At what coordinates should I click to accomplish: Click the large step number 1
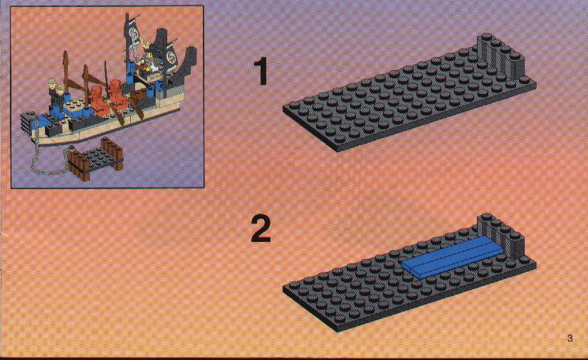[261, 71]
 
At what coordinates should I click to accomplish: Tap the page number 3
[569, 338]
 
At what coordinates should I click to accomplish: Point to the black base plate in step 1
[409, 98]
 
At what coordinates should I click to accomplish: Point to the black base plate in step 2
[409, 278]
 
